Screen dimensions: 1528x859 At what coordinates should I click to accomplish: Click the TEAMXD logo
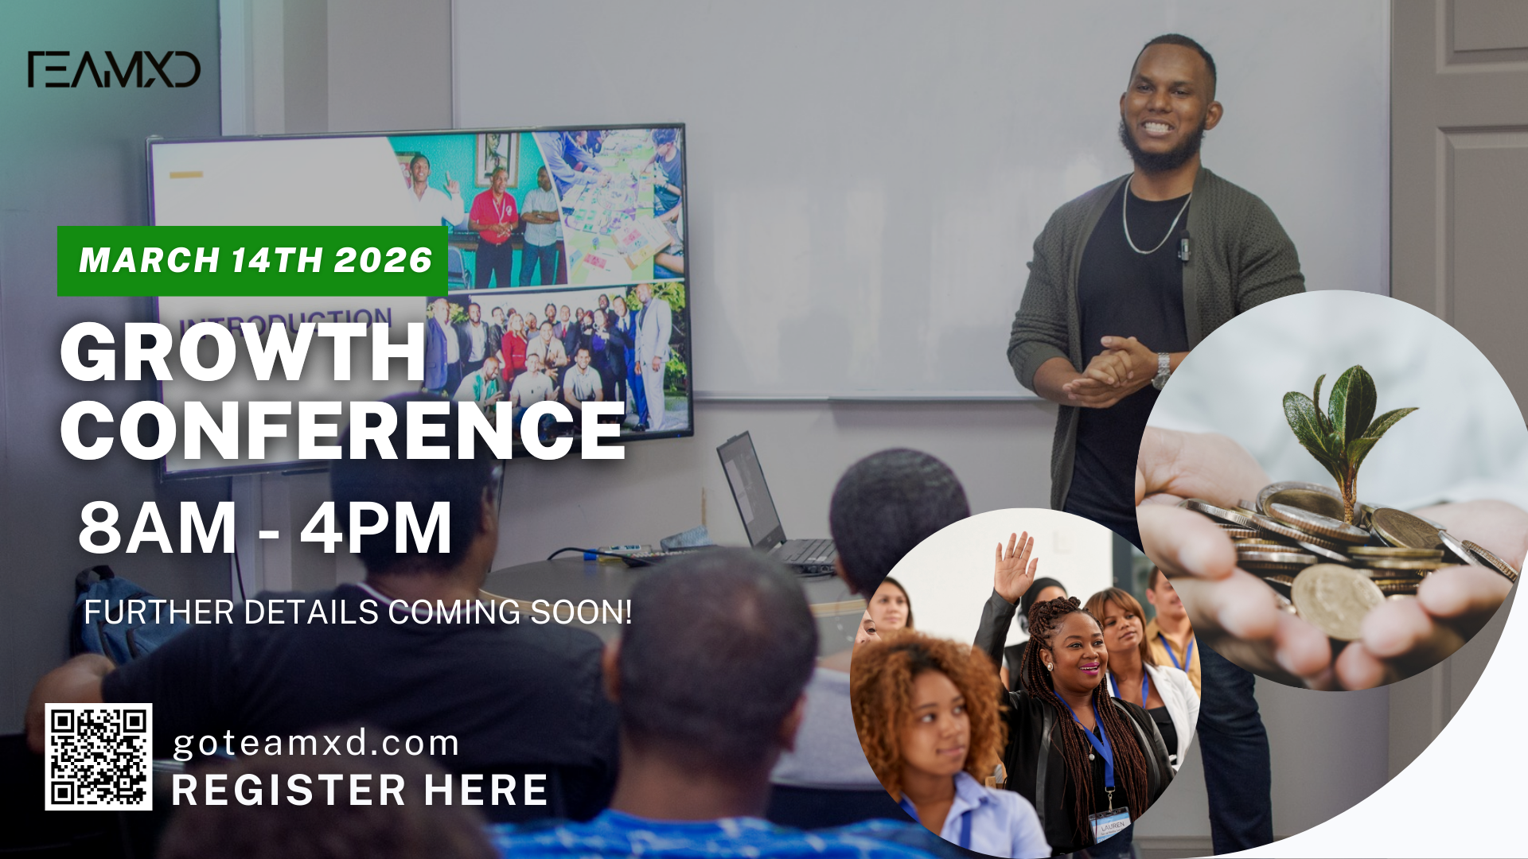point(113,69)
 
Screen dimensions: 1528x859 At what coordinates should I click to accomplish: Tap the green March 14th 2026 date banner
point(252,261)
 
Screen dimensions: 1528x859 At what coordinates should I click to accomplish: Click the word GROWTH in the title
point(243,352)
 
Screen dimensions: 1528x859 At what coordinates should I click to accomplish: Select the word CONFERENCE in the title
point(342,429)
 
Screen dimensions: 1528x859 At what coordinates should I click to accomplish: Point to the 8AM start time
point(158,527)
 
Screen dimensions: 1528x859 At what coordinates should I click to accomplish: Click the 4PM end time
point(376,527)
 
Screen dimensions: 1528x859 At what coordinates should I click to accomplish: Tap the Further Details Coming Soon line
point(358,612)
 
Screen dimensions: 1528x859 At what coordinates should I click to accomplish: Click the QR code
point(99,756)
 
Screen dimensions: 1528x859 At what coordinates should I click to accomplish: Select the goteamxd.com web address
point(316,744)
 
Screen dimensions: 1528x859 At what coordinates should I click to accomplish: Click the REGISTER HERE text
point(360,790)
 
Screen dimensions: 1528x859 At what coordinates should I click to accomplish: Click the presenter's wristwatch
point(1163,370)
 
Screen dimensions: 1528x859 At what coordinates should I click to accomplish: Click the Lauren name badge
point(1112,827)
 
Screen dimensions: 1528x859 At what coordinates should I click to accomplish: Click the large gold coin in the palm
point(1337,601)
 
